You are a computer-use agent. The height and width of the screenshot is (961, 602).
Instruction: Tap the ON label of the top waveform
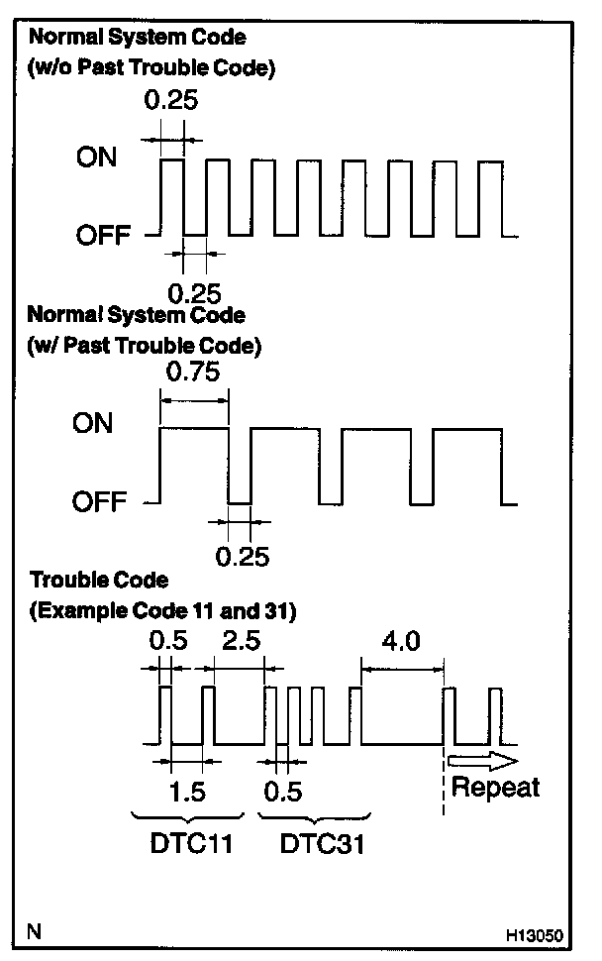point(96,159)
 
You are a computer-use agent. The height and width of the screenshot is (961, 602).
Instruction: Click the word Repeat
point(495,788)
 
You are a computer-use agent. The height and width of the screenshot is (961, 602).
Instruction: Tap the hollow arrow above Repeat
point(482,761)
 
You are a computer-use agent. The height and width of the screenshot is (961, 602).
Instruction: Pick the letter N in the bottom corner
point(35,931)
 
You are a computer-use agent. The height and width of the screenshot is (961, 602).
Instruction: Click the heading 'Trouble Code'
point(99,580)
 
